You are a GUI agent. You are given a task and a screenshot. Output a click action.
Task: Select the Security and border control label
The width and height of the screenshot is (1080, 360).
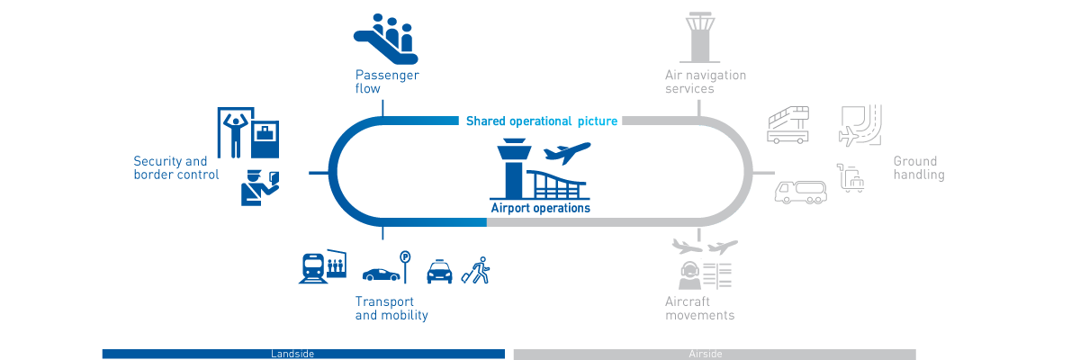(176, 167)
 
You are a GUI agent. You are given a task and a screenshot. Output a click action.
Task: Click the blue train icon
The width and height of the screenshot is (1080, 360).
(312, 267)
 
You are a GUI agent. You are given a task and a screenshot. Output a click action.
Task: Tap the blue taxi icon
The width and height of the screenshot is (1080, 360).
(439, 272)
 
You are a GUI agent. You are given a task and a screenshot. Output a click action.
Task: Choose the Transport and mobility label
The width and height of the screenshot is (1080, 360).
(391, 308)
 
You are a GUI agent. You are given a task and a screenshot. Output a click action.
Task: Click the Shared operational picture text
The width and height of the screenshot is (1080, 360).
(542, 121)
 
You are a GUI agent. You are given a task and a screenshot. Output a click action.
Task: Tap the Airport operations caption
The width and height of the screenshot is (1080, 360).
(540, 208)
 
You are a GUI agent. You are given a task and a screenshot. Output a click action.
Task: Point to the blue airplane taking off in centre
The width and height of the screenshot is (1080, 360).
(567, 154)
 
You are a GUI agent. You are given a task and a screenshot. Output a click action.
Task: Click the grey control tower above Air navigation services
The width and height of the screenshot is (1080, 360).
(704, 35)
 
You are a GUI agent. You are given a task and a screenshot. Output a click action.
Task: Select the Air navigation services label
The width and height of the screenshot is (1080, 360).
(705, 82)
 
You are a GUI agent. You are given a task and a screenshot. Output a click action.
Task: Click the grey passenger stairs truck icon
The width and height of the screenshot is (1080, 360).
(788, 124)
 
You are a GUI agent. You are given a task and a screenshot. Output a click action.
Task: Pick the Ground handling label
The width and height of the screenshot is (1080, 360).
(918, 168)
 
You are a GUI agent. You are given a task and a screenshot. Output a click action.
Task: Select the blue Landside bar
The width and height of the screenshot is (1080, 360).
(303, 354)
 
